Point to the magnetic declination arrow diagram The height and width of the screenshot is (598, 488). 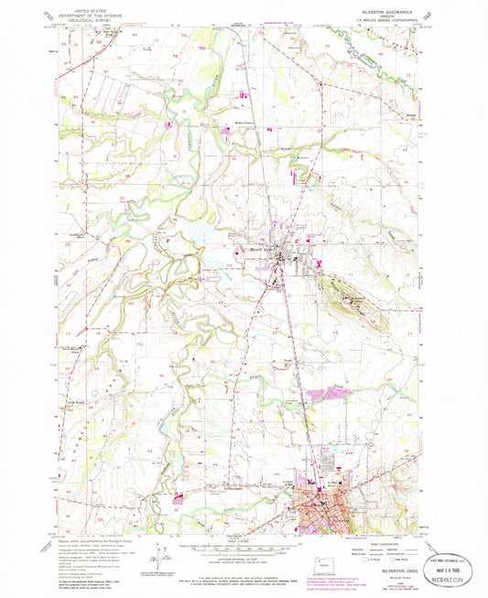tap(164, 555)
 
